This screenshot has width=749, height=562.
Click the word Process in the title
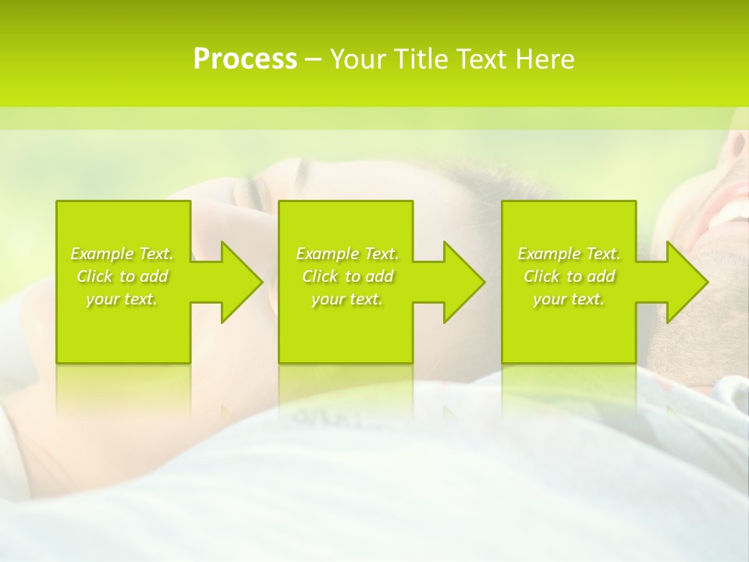[x=245, y=59]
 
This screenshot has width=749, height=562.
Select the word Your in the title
[x=357, y=59]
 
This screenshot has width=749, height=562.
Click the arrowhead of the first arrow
[x=242, y=282]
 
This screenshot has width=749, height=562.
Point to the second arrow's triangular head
[x=464, y=282]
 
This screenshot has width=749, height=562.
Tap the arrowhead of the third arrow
[x=687, y=282]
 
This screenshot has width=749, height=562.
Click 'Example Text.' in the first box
[x=122, y=254]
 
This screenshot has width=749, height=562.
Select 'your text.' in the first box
[x=122, y=299]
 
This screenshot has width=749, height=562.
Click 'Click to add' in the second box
[x=347, y=276]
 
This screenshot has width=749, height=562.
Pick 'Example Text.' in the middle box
[x=347, y=254]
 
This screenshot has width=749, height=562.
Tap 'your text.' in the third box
[x=569, y=299]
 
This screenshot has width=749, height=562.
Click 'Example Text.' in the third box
[x=569, y=254]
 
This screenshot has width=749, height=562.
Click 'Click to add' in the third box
[x=569, y=276]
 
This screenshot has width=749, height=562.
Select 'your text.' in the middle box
[x=347, y=299]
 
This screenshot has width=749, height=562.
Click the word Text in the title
[x=481, y=59]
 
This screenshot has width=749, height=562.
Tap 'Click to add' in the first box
[x=122, y=276]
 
